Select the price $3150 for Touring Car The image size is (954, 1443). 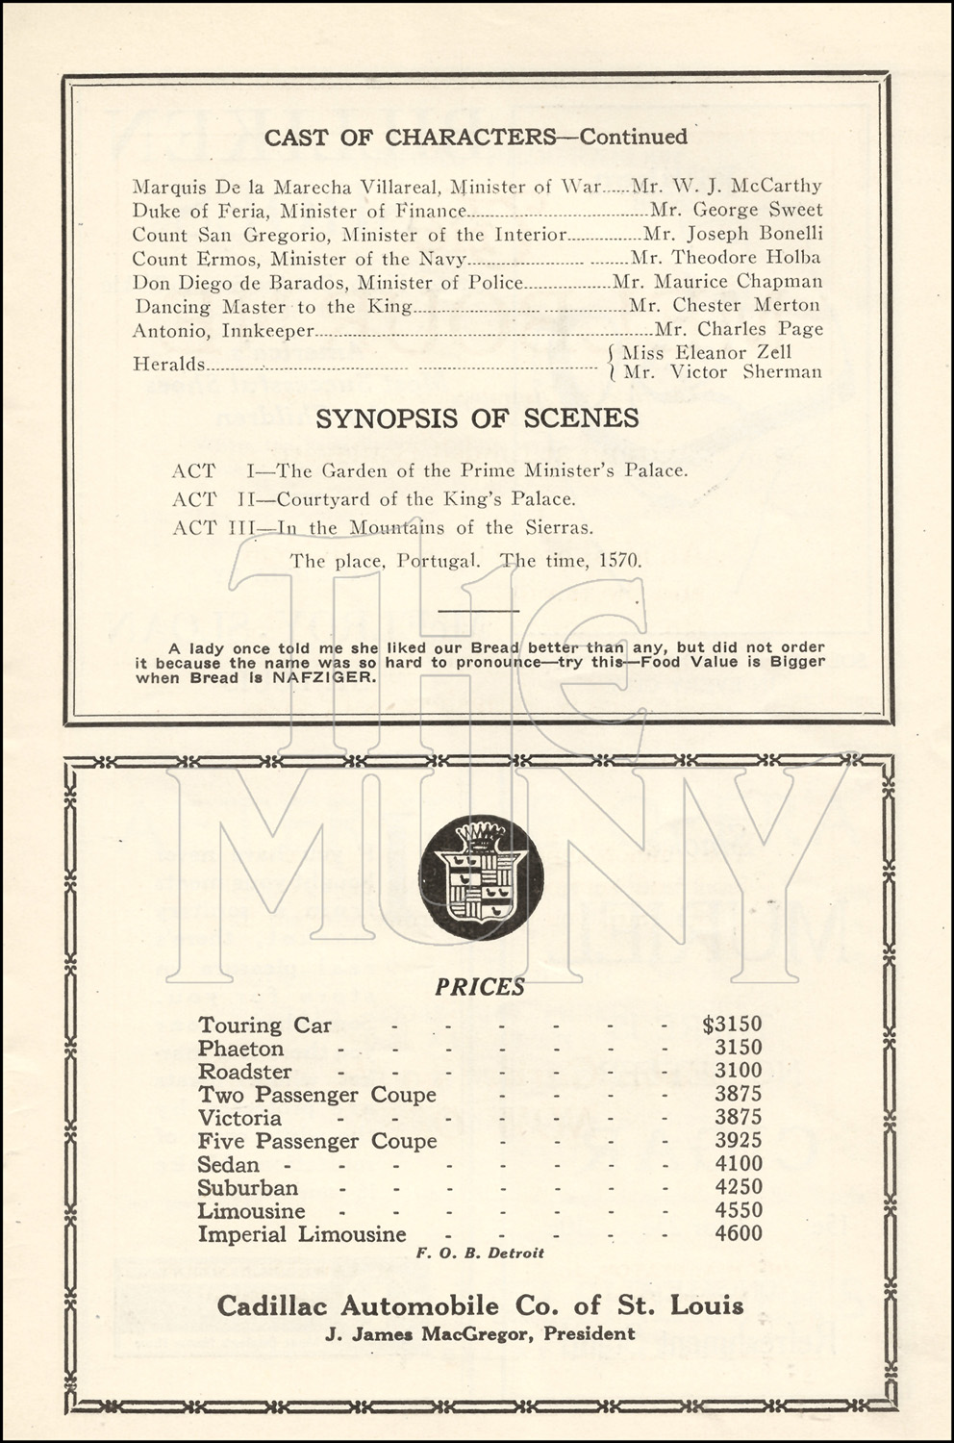(x=732, y=1025)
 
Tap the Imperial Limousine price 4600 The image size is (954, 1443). (x=738, y=1233)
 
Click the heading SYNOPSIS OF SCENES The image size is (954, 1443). (x=477, y=418)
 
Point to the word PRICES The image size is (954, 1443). (x=480, y=987)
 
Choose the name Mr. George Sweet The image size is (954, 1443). (x=737, y=210)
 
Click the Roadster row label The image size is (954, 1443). (x=244, y=1072)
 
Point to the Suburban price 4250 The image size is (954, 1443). (x=738, y=1187)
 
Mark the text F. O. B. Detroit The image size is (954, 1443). (x=480, y=1253)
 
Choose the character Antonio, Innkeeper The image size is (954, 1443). (x=223, y=330)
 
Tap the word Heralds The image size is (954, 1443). (x=168, y=364)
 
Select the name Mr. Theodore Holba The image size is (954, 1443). (x=726, y=258)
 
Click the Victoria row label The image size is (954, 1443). (x=239, y=1118)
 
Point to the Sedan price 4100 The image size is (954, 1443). (x=738, y=1164)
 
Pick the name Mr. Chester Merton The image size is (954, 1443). (x=724, y=306)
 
